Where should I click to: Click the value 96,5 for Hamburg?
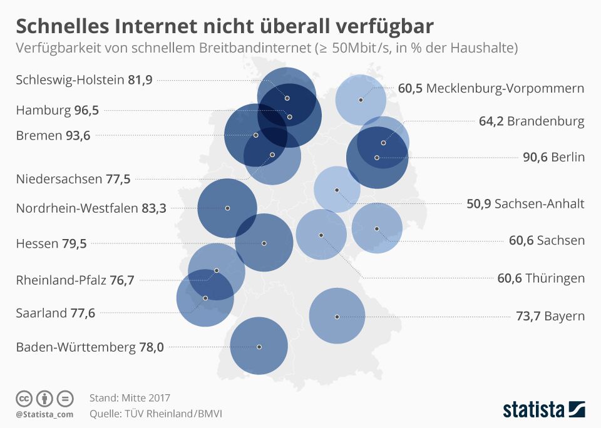86,110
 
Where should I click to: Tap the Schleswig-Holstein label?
70,79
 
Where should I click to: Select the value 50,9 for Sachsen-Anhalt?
479,203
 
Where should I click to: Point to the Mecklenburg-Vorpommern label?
505,88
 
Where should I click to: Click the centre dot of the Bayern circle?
337,317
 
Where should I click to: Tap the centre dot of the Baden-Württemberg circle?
259,347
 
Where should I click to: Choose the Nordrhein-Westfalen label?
77,208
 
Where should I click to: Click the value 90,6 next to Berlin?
535,157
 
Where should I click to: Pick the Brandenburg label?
546,121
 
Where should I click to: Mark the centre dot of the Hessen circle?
264,243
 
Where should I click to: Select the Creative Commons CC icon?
24,399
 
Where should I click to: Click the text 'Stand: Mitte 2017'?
130,398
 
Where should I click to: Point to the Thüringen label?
555,278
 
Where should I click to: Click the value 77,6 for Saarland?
83,313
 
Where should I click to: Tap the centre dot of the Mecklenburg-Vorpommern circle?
361,99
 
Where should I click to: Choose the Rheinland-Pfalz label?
61,280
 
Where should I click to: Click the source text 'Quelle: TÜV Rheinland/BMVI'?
156,414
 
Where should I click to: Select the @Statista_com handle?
44,414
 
